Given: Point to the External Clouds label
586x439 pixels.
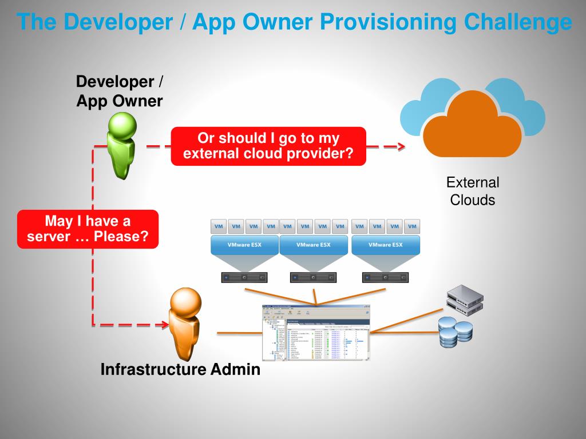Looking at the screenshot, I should pyautogui.click(x=473, y=191).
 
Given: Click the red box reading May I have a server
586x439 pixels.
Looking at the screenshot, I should pyautogui.click(x=88, y=229).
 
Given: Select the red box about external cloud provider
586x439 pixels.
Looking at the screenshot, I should pyautogui.click(x=268, y=146).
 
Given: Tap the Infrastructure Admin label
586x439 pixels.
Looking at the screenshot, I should pyautogui.click(x=180, y=370).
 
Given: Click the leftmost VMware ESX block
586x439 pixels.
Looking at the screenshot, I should pyautogui.click(x=245, y=245).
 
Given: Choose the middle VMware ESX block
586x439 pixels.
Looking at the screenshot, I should pyautogui.click(x=314, y=245).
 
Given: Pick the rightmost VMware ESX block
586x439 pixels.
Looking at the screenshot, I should pyautogui.click(x=386, y=245).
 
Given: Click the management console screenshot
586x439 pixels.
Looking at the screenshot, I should pyautogui.click(x=316, y=332).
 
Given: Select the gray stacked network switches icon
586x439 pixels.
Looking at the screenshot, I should pyautogui.click(x=465, y=301).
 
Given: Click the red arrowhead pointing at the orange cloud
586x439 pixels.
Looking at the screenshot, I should pyautogui.click(x=401, y=147).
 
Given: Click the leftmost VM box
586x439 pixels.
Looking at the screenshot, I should pyautogui.click(x=219, y=226).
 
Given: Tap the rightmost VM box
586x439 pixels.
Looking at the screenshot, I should pyautogui.click(x=412, y=226).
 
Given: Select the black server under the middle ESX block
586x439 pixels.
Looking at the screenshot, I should pyautogui.click(x=314, y=278).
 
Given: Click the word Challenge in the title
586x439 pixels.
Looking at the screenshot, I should pyautogui.click(x=518, y=22).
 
